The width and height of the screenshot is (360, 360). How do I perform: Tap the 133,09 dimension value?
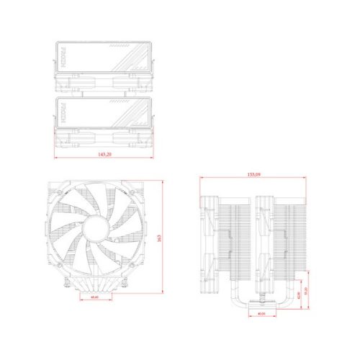click(x=255, y=174)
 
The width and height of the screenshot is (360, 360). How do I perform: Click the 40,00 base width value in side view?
click(x=260, y=313)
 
